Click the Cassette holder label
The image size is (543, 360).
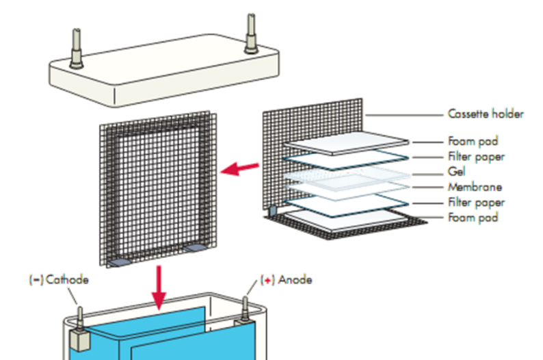tap(485, 114)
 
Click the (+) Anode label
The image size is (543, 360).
tap(287, 280)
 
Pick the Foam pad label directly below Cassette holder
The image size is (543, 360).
tap(473, 142)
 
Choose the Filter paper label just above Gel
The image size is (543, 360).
tap(476, 157)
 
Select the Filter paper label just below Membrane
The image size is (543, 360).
tap(476, 202)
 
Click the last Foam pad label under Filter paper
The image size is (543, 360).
tap(473, 218)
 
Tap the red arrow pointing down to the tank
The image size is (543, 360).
tap(159, 287)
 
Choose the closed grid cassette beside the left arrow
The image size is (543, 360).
tap(159, 188)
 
